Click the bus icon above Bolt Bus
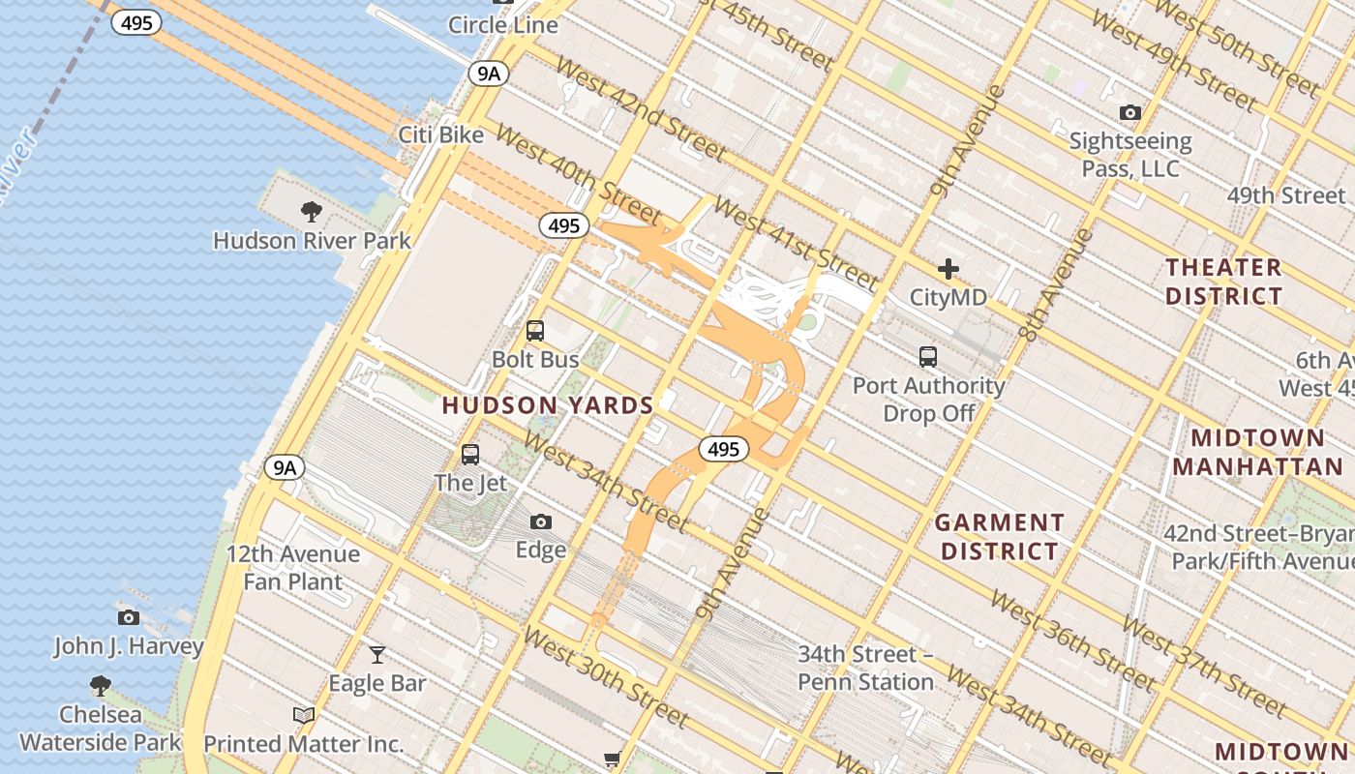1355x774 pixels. coord(535,331)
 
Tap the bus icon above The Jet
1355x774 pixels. coord(470,454)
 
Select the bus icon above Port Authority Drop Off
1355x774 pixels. coord(928,356)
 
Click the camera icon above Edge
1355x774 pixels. coord(541,522)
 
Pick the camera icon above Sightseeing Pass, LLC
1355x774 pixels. coord(1129,113)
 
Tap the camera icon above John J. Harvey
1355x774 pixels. coord(128,617)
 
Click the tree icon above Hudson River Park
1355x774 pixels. coord(312,211)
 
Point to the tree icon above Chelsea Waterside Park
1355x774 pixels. coord(100,686)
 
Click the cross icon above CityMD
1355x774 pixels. coord(948,269)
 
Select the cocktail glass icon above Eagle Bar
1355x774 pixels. coord(377,655)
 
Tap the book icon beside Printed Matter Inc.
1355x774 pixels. coord(304,715)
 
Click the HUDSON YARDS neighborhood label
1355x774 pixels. coord(548,405)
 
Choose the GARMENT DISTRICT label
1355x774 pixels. coord(1000,537)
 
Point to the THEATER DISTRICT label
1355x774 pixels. coord(1224,282)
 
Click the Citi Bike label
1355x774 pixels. coord(441,134)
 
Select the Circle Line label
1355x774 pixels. coord(503,25)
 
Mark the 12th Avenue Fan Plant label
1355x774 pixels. coord(293,568)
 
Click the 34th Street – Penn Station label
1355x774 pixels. coord(865,669)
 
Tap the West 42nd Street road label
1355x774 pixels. coord(642,111)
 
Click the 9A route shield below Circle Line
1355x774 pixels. coord(489,74)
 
